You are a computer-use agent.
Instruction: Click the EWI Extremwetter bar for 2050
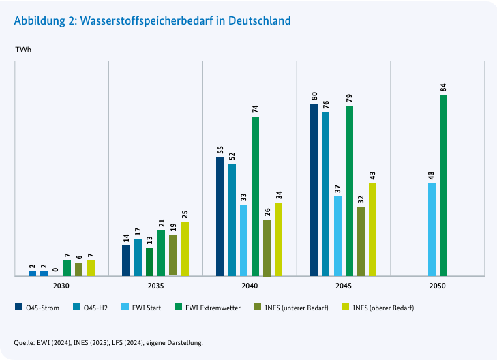[x=443, y=185]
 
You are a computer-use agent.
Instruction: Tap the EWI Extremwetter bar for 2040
[x=255, y=196]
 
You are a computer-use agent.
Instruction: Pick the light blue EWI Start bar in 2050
[x=432, y=230]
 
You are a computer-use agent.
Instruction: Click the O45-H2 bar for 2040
[x=232, y=220]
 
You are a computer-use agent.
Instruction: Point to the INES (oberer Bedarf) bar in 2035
[x=185, y=249]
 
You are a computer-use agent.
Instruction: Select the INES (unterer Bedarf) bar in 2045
[x=361, y=241]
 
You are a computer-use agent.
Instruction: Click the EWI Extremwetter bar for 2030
[x=67, y=268]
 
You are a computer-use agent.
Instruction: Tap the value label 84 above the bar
[x=443, y=87]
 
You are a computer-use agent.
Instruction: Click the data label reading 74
[x=255, y=109]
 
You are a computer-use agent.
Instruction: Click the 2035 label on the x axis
[x=155, y=286]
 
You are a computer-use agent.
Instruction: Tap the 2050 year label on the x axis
[x=437, y=286]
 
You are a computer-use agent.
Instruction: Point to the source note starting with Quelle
[x=108, y=342]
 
